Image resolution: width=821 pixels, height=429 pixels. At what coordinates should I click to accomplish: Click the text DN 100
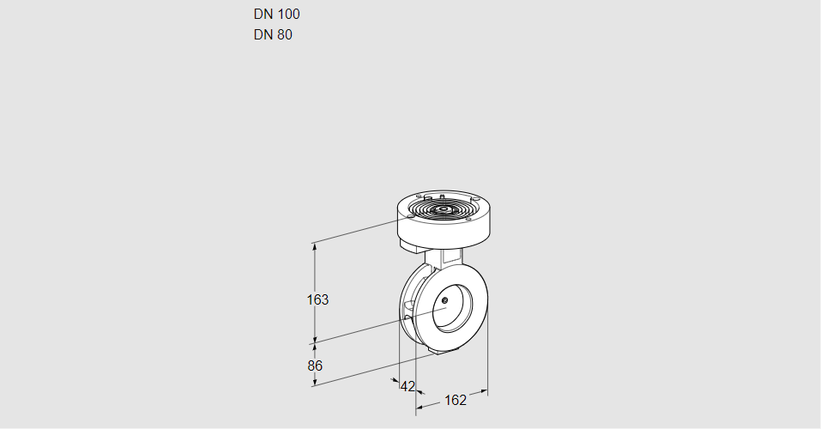pos(276,14)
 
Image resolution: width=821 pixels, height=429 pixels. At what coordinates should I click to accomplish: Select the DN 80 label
pos(273,35)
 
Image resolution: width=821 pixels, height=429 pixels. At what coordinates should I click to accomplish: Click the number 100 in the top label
pos(288,14)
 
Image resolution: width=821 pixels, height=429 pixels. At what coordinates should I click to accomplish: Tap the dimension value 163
pos(317,299)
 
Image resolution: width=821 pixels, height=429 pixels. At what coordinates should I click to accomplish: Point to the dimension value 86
pos(315,366)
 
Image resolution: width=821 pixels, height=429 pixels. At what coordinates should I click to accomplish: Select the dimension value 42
pos(407,386)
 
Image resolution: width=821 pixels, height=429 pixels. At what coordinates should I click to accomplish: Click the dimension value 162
pos(456,400)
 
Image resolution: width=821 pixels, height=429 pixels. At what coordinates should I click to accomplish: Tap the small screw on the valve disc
pos(445,299)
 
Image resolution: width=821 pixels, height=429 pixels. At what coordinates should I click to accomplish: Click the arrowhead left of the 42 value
pos(395,380)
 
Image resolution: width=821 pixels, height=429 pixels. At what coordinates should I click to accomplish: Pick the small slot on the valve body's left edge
pos(409,305)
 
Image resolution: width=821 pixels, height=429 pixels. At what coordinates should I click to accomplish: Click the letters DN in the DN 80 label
pos(263,35)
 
